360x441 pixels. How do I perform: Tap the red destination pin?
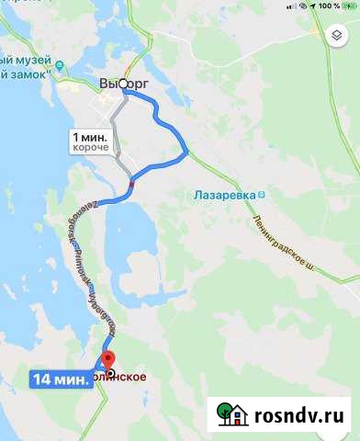(107, 361)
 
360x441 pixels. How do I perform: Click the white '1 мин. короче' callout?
(90, 141)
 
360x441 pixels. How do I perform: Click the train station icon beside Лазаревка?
(262, 195)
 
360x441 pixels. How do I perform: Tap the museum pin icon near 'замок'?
(60, 65)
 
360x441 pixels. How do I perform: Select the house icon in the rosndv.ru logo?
(233, 413)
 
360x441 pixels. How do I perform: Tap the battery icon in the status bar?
(346, 6)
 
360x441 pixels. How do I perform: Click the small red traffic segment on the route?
(132, 183)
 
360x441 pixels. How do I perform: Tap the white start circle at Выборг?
(123, 85)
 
